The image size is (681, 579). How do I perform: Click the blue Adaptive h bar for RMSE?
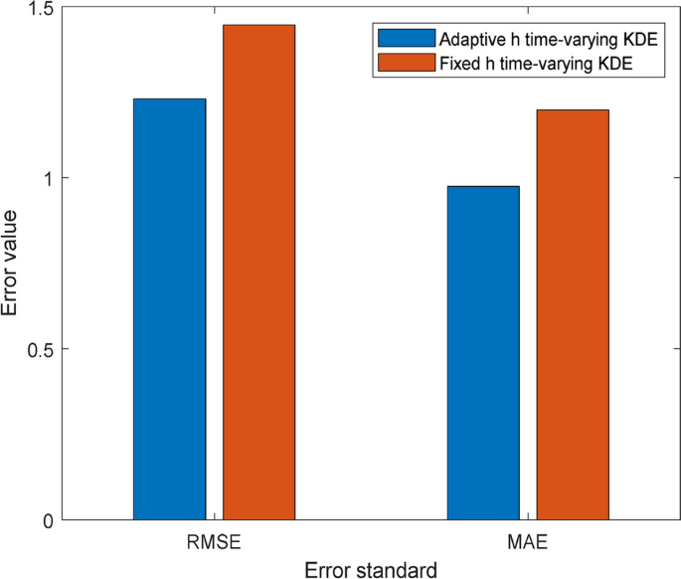[x=170, y=308]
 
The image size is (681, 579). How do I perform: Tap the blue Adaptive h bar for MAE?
[x=483, y=352]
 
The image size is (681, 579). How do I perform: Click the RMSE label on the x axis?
[x=215, y=544]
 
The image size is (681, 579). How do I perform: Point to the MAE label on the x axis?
[x=528, y=544]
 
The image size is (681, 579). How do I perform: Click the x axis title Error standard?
[x=371, y=570]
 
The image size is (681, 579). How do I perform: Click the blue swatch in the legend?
[x=407, y=39]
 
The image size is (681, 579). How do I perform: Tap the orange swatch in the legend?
[x=407, y=64]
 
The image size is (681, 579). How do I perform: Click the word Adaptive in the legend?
[x=469, y=39]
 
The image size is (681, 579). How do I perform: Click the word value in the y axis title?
[x=11, y=236]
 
